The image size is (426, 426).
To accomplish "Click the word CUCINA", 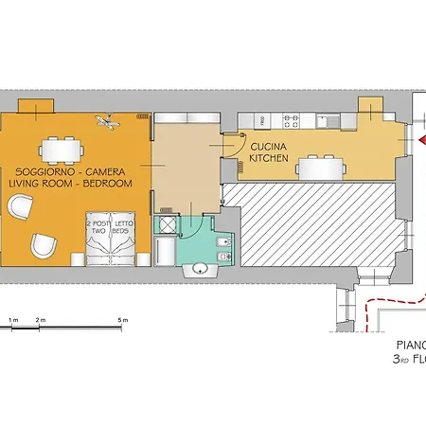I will [x=269, y=147].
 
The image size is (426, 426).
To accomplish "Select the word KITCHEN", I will [x=269, y=160].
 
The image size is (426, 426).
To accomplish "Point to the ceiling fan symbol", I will [x=107, y=120].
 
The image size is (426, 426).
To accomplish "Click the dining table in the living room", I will [x=60, y=150].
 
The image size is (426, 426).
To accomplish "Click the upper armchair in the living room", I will [x=20, y=205].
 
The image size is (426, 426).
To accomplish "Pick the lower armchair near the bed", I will [x=42, y=245].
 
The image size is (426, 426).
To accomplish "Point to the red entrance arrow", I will [x=420, y=141].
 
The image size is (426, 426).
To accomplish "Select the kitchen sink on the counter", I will [x=329, y=120].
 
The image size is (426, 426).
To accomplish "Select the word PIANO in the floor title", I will [x=409, y=346].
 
